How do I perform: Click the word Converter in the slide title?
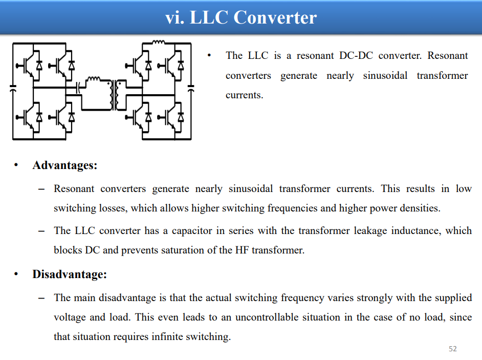[x=275, y=17]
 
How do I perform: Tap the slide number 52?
[x=452, y=349]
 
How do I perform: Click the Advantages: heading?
[x=65, y=165]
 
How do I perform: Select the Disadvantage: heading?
[x=70, y=274]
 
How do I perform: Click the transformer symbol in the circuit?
[x=116, y=95]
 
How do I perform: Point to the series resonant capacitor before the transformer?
[x=78, y=88]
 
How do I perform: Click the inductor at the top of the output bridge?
[x=159, y=42]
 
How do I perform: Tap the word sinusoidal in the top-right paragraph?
[x=385, y=75]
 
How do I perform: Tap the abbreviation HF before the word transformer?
[x=242, y=250]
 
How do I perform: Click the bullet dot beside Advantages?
[x=16, y=165]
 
